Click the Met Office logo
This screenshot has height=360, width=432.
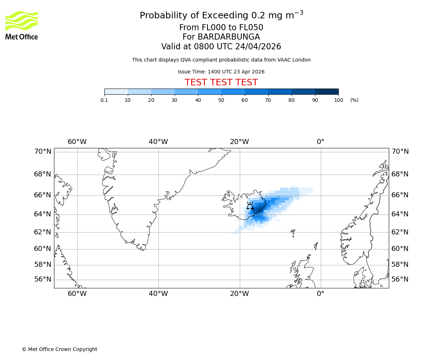pos(22,25)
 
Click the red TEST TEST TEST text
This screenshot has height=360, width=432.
pos(221,83)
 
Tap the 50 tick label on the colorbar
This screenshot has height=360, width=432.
pos(221,100)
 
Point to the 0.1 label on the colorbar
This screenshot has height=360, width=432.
pos(104,100)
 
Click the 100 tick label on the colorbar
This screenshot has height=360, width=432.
pos(338,100)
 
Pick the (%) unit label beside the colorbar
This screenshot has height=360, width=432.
pos(354,100)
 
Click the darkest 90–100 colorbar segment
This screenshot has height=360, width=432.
pos(327,91)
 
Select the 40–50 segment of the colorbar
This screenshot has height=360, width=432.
pos(210,91)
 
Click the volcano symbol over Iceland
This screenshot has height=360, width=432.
pos(250,206)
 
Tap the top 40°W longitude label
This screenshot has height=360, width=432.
pos(158,142)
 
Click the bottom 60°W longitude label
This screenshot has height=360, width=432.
pos(77,294)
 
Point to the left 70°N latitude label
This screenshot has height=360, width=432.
pos(42,152)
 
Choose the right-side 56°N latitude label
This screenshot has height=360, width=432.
pos(400,279)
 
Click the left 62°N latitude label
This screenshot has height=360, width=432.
pos(42,232)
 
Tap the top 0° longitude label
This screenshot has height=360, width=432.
pos(320,142)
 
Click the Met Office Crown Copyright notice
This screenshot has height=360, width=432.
pos(59,349)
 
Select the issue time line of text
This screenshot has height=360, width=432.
pos(221,72)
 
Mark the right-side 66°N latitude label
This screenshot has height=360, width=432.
pos(400,195)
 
